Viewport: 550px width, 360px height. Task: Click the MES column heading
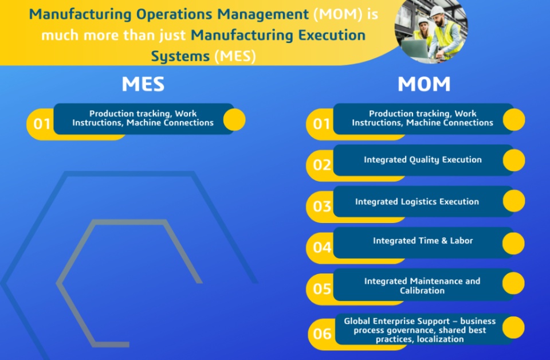point(143,84)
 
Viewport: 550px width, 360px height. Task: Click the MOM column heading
point(424,84)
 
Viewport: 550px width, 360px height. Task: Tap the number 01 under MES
point(42,124)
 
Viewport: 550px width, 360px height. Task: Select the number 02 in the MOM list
point(322,165)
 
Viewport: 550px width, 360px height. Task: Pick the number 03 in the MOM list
point(322,206)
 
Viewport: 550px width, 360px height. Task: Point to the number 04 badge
point(322,248)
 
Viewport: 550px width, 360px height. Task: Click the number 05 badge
point(322,289)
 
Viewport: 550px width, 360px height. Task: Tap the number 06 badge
point(322,334)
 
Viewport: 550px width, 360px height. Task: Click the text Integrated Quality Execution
point(423,160)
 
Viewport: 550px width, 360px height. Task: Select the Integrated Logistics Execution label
point(417,202)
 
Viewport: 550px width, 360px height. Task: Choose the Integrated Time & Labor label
point(423,241)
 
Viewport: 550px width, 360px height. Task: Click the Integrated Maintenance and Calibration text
point(422,286)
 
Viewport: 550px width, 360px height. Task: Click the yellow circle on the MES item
point(234,120)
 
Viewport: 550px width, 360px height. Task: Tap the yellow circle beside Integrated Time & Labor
point(513,243)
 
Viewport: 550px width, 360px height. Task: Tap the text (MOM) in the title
point(338,14)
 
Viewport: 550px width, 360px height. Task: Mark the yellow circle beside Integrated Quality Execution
point(513,160)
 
